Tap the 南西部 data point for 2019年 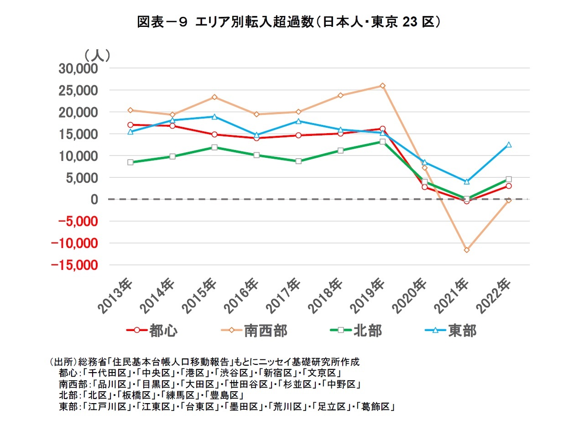click(x=382, y=86)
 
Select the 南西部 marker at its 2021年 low click(x=466, y=250)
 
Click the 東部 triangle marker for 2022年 click(x=508, y=145)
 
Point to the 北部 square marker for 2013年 click(x=130, y=162)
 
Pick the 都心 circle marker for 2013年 click(x=130, y=124)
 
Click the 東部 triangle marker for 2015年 click(x=214, y=117)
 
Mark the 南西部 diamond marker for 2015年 click(x=214, y=97)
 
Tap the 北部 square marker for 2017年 click(x=298, y=161)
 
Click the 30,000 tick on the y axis click(x=78, y=68)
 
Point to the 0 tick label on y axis click(x=94, y=199)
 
